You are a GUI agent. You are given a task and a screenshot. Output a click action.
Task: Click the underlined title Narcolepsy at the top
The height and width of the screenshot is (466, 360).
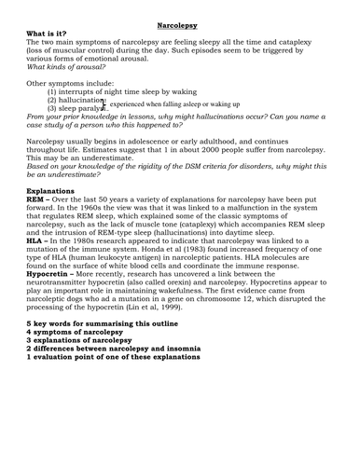[x=179, y=17]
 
